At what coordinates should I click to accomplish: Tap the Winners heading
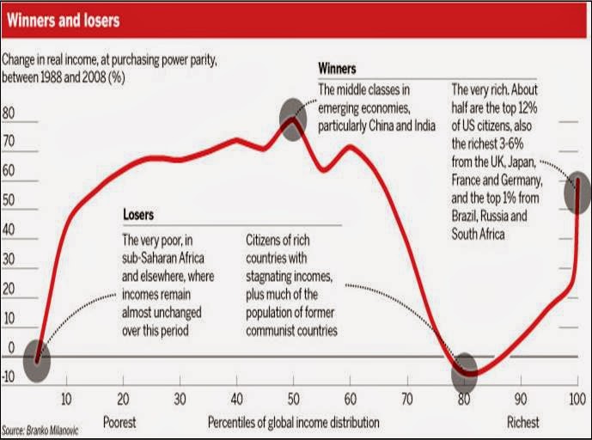point(338,68)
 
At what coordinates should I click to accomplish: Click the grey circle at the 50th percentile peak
point(293,113)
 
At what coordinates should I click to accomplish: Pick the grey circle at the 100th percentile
point(578,195)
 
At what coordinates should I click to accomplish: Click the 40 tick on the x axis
point(236,400)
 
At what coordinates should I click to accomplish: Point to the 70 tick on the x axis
point(407,400)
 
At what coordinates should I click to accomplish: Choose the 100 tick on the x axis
point(577,400)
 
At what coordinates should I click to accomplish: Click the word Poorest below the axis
point(119,423)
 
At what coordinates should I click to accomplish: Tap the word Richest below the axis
point(523,423)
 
